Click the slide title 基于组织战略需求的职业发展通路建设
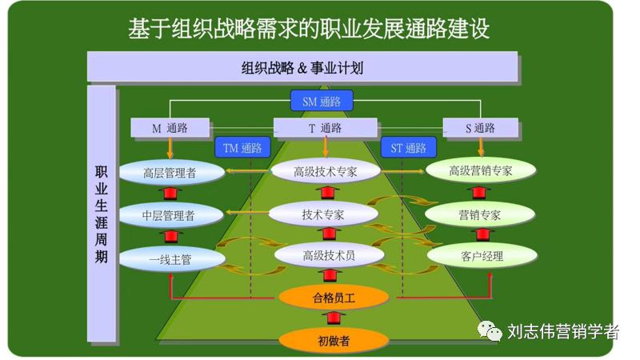(x=309, y=30)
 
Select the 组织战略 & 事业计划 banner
(x=302, y=68)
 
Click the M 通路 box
(x=170, y=128)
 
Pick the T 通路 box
(x=325, y=128)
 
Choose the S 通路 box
(x=479, y=128)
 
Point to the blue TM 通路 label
(x=242, y=148)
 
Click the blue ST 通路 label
(x=408, y=148)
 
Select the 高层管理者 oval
(x=170, y=172)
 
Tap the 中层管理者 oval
(x=169, y=214)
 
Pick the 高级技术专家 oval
(x=325, y=170)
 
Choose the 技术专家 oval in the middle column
(x=323, y=214)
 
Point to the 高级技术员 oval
(x=328, y=255)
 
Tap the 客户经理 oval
(x=482, y=256)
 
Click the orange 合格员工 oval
(x=334, y=298)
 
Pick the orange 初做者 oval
(x=334, y=340)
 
